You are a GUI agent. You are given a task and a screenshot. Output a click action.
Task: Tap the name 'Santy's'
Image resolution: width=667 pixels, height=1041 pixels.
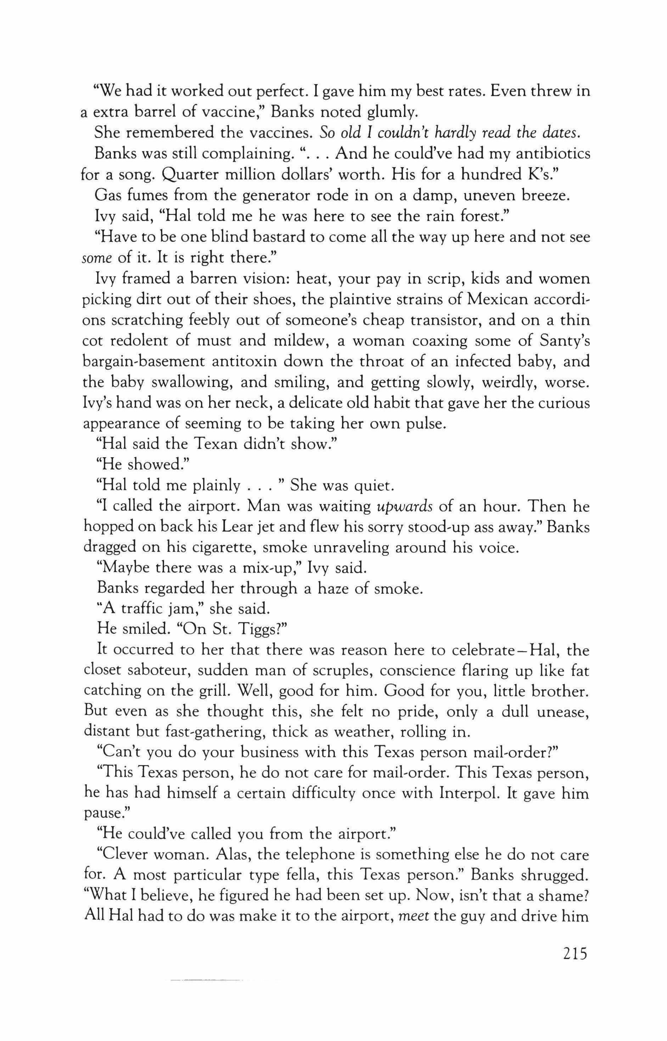pyautogui.click(x=564, y=341)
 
